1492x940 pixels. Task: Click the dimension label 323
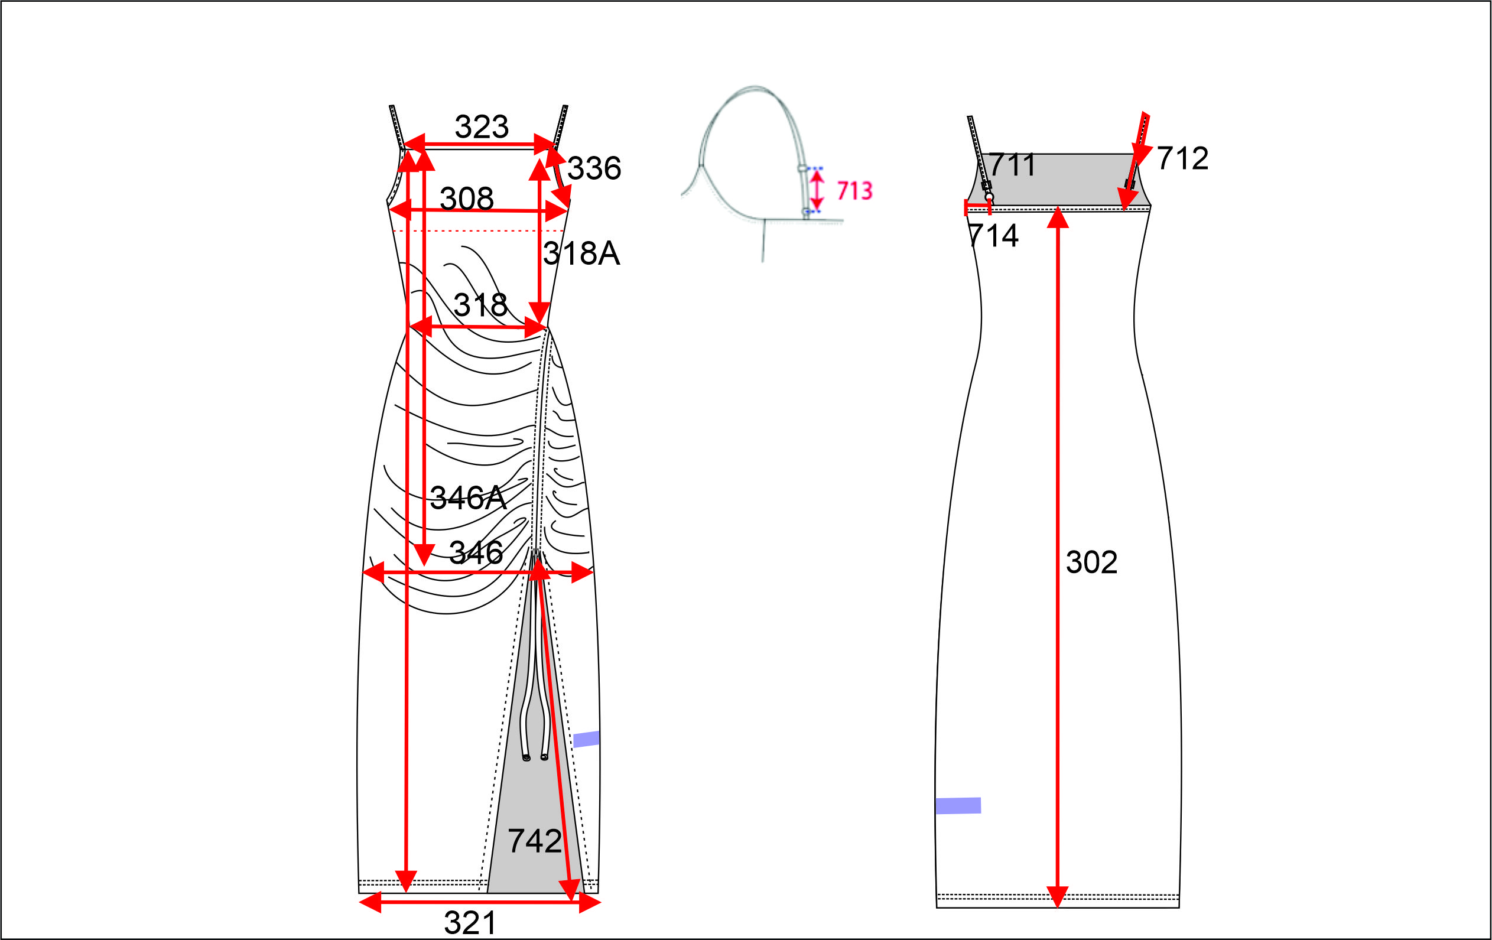tap(482, 127)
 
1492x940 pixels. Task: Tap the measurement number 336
tap(594, 168)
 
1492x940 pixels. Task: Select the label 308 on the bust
tap(467, 199)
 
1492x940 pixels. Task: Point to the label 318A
tap(581, 253)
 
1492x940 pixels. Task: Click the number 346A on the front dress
tap(469, 497)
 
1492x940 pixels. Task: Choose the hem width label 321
tap(470, 923)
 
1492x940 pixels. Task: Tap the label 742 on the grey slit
tap(534, 841)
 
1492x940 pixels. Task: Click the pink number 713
tap(854, 191)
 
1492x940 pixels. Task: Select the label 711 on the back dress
tap(1012, 165)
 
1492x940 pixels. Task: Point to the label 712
tap(1182, 158)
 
